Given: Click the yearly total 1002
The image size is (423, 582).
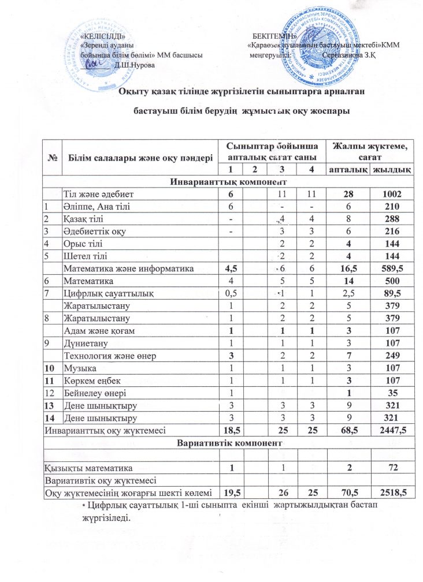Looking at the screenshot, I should (x=391, y=196).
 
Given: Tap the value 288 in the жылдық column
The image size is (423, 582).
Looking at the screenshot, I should (x=391, y=219).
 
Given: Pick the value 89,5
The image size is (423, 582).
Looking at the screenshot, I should (x=391, y=292).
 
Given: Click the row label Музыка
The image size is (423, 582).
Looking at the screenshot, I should (x=80, y=368).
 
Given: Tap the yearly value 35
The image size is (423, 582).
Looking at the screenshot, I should (x=391, y=391).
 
